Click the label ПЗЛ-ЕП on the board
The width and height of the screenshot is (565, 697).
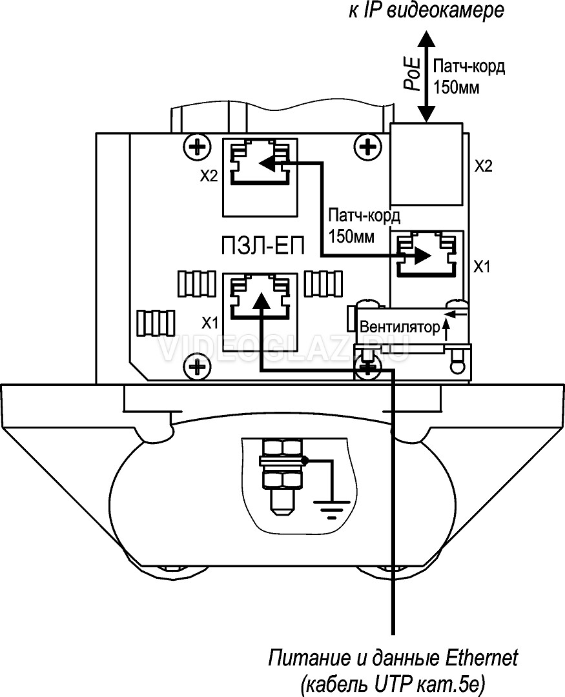coord(263,246)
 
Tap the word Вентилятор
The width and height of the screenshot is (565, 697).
coord(400,327)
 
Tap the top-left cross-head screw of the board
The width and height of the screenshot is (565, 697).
coord(197,145)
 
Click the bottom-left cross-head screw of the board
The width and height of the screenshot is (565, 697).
coord(197,367)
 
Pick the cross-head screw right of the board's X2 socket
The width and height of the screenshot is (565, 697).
coord(367,145)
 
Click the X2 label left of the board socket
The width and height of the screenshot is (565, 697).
coord(209,176)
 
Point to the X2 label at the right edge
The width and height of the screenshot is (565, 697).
coord(484,167)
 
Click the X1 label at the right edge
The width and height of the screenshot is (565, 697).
coord(481,267)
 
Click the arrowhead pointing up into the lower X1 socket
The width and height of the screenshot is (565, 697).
coord(261,300)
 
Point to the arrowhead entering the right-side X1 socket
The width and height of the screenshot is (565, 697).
coord(423,256)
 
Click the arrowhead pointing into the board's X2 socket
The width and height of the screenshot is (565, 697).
coord(267,163)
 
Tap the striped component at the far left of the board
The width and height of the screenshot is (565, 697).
coord(156,323)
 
